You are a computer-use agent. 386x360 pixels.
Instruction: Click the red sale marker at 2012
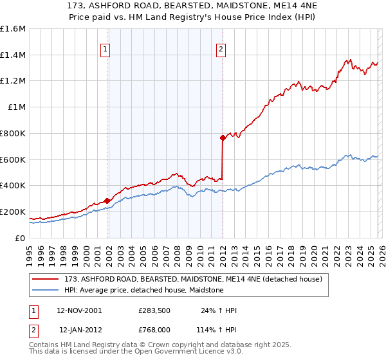[223, 137]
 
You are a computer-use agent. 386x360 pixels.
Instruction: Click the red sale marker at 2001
[107, 201]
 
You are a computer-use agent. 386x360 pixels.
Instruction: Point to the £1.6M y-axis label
[13, 29]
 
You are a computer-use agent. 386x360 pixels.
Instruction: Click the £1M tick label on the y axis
[16, 107]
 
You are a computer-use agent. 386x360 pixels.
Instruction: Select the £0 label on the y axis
[21, 238]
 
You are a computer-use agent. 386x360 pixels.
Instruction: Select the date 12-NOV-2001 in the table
[78, 310]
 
